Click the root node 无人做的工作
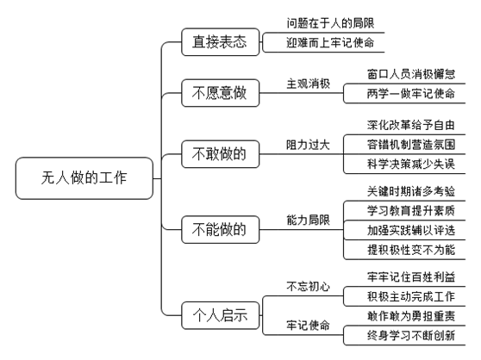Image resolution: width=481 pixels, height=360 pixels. click(x=84, y=178)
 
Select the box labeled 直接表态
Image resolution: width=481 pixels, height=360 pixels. click(x=221, y=42)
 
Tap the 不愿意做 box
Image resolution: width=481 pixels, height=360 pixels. click(x=221, y=93)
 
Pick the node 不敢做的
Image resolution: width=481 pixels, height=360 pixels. click(x=221, y=154)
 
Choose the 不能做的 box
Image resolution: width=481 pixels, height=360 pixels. click(x=221, y=229)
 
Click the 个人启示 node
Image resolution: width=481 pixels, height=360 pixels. click(x=221, y=315)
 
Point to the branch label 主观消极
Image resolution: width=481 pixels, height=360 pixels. click(x=308, y=84)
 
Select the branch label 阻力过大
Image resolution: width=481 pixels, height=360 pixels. click(x=308, y=145)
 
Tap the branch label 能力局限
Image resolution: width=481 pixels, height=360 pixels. click(x=308, y=220)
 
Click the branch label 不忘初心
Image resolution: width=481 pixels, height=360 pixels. click(x=308, y=287)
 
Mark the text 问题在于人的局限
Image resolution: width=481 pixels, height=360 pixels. click(x=330, y=23)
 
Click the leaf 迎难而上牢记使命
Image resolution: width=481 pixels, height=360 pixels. click(x=330, y=42)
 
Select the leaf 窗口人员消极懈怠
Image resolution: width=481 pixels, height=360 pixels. click(x=411, y=74)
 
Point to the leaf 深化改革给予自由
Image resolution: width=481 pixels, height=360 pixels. click(x=411, y=125)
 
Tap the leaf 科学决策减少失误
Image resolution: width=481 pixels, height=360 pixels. click(x=411, y=164)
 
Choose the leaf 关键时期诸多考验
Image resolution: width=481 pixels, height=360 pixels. click(x=411, y=191)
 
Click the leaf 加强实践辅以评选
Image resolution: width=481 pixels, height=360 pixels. click(x=411, y=231)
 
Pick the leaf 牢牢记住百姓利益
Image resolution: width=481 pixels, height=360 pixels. click(x=411, y=277)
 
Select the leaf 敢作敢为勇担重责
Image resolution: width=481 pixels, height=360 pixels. click(x=411, y=316)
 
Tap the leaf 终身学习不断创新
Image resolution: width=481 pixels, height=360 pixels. click(x=411, y=336)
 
